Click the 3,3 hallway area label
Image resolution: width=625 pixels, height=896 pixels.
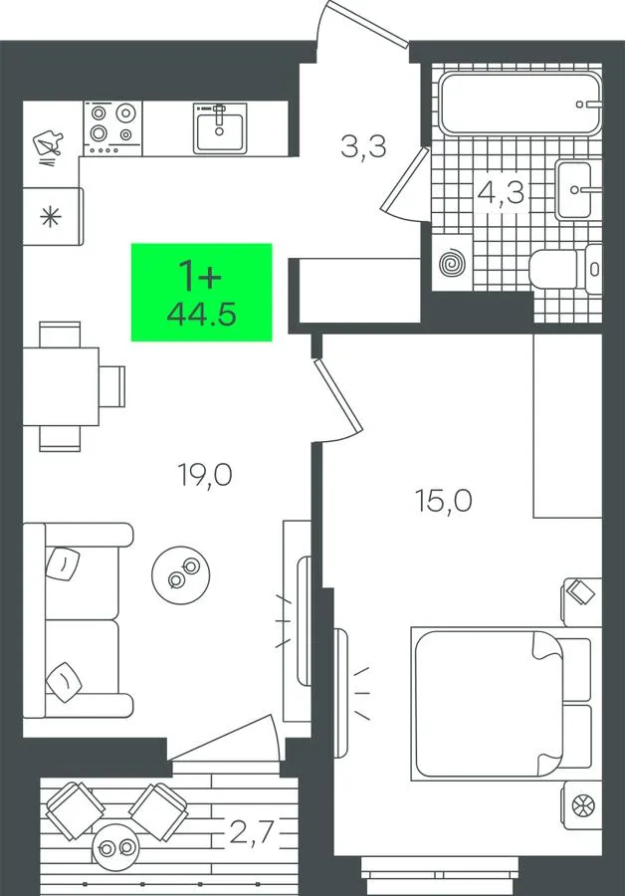click(363, 147)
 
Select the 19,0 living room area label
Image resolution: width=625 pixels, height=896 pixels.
click(206, 475)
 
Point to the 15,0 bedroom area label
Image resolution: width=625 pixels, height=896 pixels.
click(444, 501)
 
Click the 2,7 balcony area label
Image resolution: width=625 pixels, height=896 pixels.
click(253, 833)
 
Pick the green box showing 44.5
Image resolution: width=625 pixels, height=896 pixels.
click(202, 292)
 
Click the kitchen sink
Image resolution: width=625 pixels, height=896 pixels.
click(220, 128)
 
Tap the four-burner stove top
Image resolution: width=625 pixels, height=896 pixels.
click(113, 128)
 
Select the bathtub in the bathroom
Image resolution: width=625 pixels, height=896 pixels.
click(521, 104)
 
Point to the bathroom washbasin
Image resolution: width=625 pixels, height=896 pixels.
click(574, 189)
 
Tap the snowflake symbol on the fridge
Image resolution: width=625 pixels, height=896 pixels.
click(51, 217)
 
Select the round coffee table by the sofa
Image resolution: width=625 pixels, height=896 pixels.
click(180, 574)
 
